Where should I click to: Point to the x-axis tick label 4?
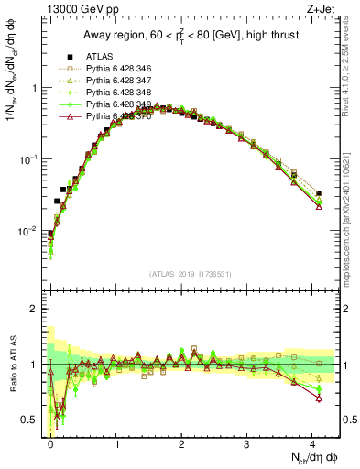click(x=313, y=442)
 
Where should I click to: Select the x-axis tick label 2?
click(x=182, y=442)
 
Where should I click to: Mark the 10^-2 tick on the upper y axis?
click(x=29, y=231)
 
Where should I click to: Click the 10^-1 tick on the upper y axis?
click(x=29, y=159)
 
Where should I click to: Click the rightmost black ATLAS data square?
click(x=319, y=193)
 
